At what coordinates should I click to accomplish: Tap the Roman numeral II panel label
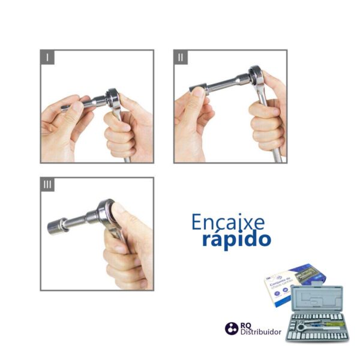pos(181,58)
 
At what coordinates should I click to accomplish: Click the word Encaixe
pos(228,222)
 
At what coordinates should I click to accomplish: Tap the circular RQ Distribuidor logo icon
pos(231,328)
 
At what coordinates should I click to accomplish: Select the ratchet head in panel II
pos(256,76)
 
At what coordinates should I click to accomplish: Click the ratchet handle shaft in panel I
pos(127,153)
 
